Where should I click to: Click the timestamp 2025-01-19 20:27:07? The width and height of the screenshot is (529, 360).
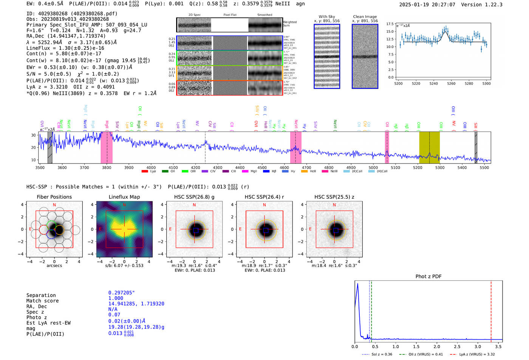point(427,5)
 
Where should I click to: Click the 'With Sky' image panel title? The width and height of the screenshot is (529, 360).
point(326,17)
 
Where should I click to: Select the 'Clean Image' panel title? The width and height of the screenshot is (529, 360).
point(365,17)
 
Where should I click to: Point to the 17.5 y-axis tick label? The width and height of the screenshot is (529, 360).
point(390,24)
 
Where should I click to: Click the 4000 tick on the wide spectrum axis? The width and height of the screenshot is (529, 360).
point(151,168)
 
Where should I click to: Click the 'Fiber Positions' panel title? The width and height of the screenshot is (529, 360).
point(54,197)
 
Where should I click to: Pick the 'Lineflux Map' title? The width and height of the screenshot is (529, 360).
point(124,197)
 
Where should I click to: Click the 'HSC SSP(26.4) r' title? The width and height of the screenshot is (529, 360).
point(264,197)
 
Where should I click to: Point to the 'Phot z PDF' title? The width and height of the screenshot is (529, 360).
point(428,276)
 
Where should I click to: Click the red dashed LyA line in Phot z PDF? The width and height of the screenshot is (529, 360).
point(491,310)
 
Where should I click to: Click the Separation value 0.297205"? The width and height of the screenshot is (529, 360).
point(121,293)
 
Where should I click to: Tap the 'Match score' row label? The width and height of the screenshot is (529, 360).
point(42,301)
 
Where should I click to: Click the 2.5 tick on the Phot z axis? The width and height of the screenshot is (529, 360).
point(457,346)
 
